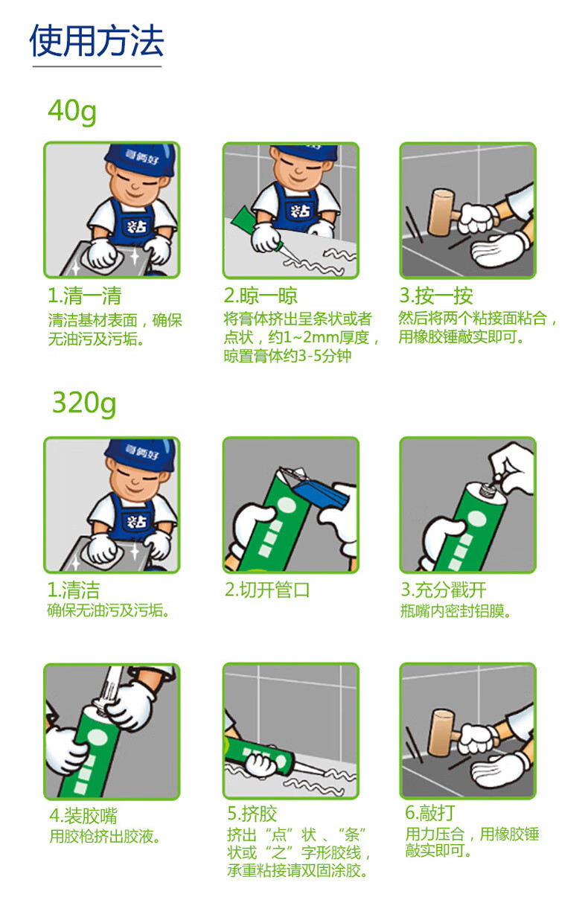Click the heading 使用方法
[x=97, y=41]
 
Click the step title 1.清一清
[x=84, y=296]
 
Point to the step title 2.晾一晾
[x=261, y=296]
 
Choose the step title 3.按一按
[x=436, y=296]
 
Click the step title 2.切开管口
[x=267, y=590]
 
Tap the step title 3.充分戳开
[x=444, y=590]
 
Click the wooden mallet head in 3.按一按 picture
[x=441, y=212]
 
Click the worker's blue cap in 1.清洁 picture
[x=140, y=455]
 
